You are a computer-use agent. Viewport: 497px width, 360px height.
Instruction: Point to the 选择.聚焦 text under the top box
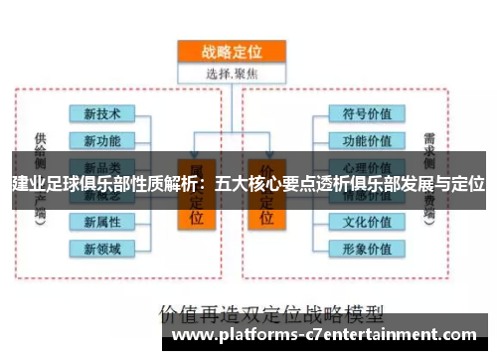(232, 73)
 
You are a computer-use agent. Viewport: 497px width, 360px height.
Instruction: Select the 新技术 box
(102, 113)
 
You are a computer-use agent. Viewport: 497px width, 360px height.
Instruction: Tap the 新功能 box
(102, 139)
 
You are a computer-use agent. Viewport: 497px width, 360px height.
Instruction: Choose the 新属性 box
(102, 221)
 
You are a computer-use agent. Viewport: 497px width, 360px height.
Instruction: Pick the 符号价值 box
(366, 113)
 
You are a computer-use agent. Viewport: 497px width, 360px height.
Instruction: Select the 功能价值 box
(366, 139)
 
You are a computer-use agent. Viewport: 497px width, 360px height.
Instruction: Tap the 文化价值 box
(366, 221)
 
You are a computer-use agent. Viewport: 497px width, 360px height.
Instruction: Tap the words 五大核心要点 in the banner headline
(263, 185)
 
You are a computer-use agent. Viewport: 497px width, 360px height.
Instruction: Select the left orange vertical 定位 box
(196, 204)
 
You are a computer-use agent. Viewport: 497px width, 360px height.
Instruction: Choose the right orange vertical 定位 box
(267, 204)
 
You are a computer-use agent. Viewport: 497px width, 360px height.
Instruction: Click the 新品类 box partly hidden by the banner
(102, 165)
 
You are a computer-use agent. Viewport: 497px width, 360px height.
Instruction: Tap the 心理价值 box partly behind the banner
(366, 165)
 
